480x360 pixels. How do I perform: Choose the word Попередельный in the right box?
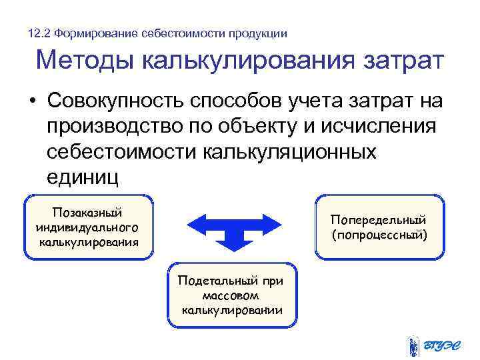pyautogui.click(x=379, y=220)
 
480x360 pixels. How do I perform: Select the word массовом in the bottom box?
pyautogui.click(x=231, y=295)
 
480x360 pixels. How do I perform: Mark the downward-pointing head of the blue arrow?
pyautogui.click(x=231, y=245)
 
